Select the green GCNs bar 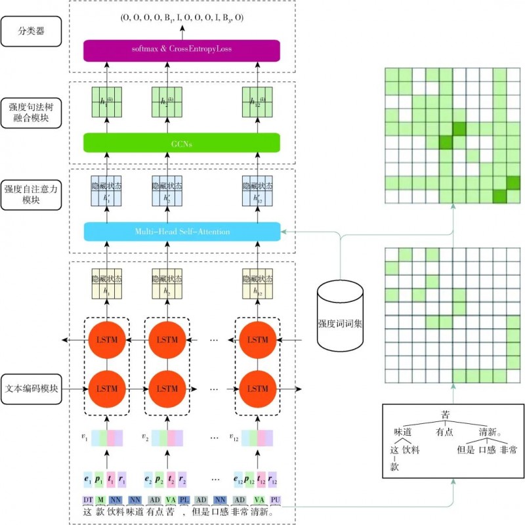[x=182, y=142]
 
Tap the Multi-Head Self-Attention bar [x=182, y=231]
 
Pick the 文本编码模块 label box [x=31, y=388]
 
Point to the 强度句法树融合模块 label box [x=31, y=112]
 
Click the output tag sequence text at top [x=182, y=17]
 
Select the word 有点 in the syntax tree [x=444, y=432]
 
